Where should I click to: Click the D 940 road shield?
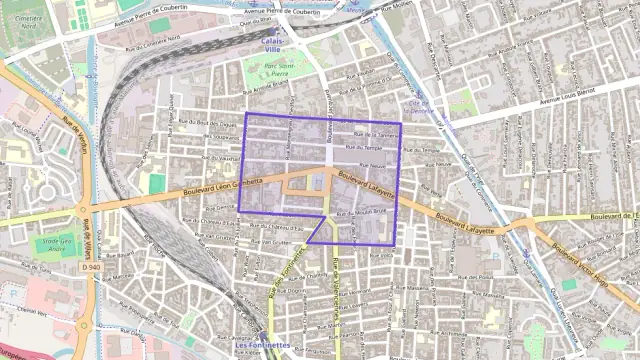coord(91,267)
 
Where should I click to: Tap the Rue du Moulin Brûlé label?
coord(359,213)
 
